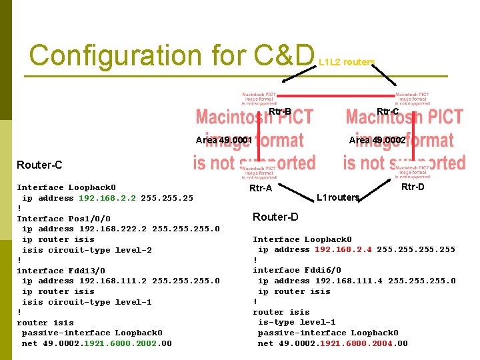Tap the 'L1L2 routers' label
click(x=347, y=62)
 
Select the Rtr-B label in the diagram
click(x=280, y=111)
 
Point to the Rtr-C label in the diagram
click(x=388, y=111)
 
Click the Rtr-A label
click(x=261, y=189)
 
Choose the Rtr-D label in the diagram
click(x=413, y=187)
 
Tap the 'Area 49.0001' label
click(x=224, y=141)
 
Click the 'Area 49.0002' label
click(x=377, y=141)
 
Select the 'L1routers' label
click(x=338, y=198)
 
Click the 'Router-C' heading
click(x=39, y=165)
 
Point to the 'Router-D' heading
click(x=275, y=217)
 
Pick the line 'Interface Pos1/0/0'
click(x=63, y=219)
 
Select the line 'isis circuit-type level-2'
click(x=87, y=250)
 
